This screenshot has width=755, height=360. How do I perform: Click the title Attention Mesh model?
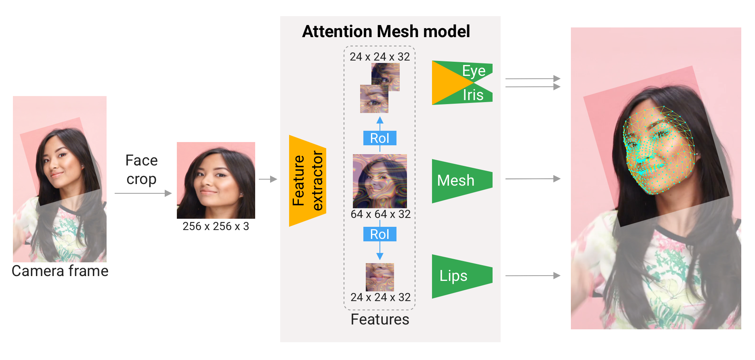tap(386, 31)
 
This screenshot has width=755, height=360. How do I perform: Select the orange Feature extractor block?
tap(307, 181)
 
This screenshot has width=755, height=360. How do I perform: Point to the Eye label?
tap(474, 71)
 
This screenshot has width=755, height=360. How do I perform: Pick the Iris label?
tap(473, 95)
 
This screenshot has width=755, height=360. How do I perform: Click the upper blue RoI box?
tap(380, 138)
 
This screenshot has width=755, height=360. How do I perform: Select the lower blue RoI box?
tap(380, 234)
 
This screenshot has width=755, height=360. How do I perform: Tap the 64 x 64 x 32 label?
tap(380, 214)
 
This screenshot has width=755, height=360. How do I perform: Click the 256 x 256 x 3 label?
tap(216, 226)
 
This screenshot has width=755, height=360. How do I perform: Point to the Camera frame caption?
tap(60, 271)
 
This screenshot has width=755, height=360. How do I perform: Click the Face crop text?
tap(141, 170)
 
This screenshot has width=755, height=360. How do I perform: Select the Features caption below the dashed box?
tap(380, 320)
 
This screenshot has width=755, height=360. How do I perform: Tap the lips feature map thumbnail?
tap(380, 277)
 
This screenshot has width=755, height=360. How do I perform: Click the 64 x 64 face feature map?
tap(380, 181)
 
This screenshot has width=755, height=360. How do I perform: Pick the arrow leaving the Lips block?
tap(533, 276)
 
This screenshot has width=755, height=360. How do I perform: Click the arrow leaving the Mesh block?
tap(533, 179)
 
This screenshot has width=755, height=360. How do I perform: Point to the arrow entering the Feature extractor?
tap(268, 179)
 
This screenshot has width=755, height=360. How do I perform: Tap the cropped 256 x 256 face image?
tap(216, 180)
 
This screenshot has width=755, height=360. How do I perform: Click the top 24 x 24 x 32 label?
tap(380, 57)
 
